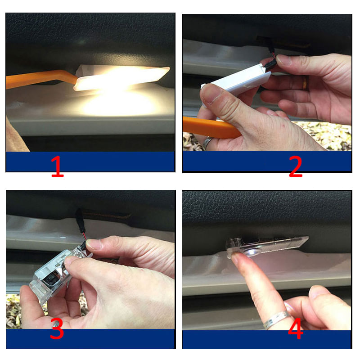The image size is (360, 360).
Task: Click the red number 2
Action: click(295, 166)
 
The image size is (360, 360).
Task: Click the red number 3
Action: click(57, 330)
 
